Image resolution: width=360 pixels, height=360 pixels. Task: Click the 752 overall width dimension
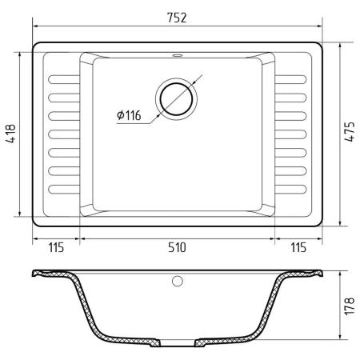(177, 18)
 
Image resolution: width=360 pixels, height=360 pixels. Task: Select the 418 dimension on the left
(11, 134)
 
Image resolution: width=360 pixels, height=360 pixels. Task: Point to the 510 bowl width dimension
(177, 247)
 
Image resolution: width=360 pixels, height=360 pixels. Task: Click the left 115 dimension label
(56, 247)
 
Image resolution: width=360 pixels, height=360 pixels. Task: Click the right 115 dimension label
(298, 247)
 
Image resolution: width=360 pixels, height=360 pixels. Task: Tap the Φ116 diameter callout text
(129, 115)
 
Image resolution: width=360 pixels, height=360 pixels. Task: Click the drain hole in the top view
(176, 99)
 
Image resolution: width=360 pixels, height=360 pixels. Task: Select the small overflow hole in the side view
(178, 281)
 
